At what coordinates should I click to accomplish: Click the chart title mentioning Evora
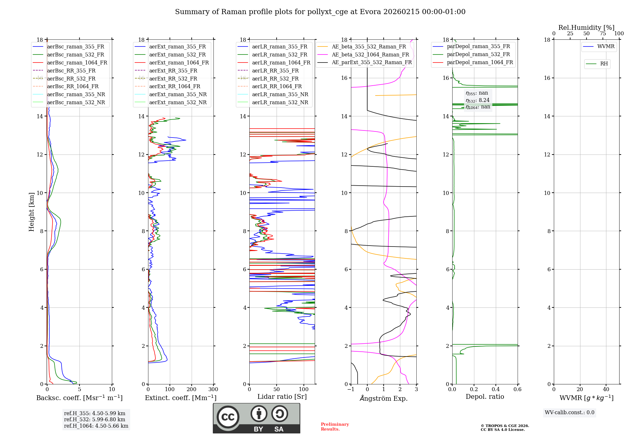click(320, 12)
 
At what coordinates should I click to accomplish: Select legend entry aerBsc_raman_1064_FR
click(77, 63)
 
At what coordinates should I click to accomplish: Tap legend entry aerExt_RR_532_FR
click(173, 79)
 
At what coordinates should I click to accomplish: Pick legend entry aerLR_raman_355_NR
click(280, 94)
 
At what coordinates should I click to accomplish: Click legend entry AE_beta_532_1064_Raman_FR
click(370, 55)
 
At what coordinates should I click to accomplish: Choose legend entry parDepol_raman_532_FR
click(478, 55)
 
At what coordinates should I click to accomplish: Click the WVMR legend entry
click(606, 46)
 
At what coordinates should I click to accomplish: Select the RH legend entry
click(604, 64)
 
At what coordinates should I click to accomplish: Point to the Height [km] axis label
click(31, 212)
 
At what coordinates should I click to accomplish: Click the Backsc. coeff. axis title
click(79, 398)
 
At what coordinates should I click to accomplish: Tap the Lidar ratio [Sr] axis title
click(282, 397)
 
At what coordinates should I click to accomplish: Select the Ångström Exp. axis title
click(384, 398)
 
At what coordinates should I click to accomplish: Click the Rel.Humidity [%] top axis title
click(586, 28)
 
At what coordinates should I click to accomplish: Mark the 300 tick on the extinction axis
click(213, 390)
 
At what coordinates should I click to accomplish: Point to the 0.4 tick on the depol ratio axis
click(496, 390)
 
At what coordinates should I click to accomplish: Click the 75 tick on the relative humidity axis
click(603, 34)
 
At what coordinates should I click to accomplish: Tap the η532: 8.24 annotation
click(478, 100)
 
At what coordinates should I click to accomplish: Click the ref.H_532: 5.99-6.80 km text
click(95, 419)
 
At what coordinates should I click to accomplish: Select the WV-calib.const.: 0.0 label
click(570, 413)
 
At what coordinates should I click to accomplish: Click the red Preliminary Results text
click(335, 427)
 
